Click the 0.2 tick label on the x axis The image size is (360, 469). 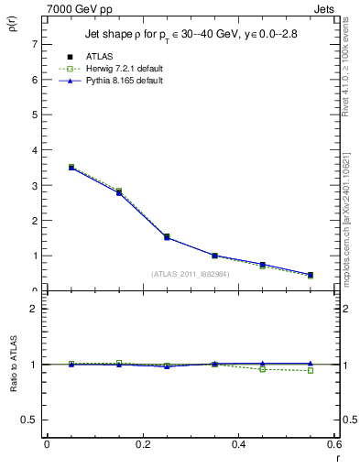pos(142,444)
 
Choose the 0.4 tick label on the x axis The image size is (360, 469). pos(238,444)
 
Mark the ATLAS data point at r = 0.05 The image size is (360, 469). pos(71,168)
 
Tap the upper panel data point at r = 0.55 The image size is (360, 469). pos(311,275)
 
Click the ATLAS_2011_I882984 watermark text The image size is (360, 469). pos(191,273)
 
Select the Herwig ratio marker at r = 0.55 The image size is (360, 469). pos(311,371)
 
